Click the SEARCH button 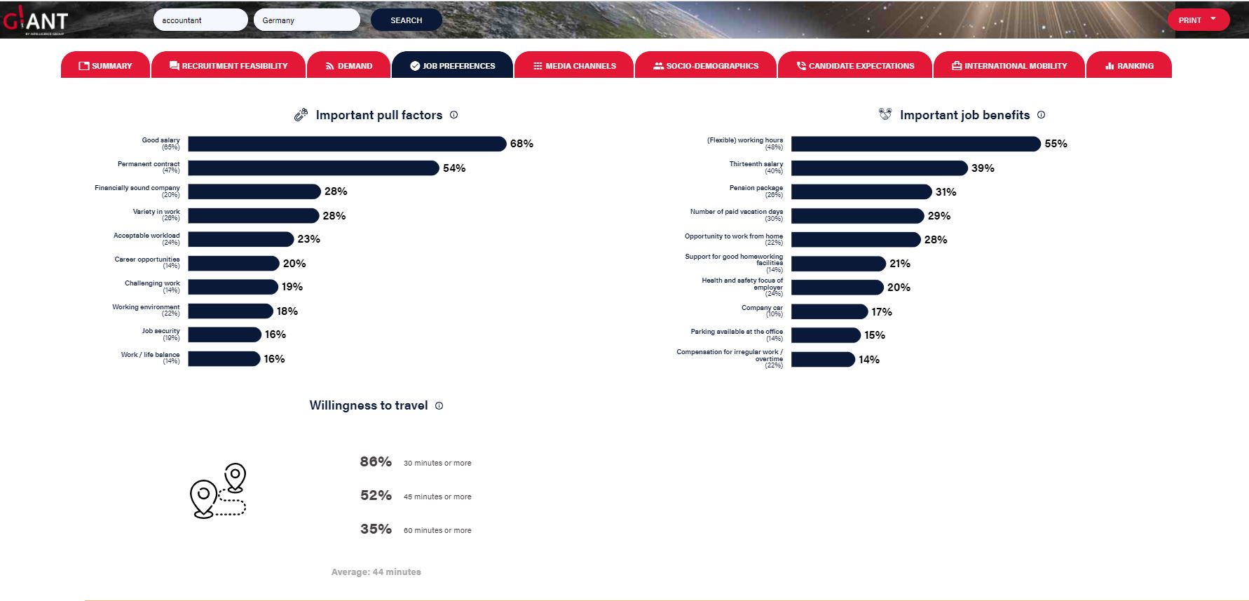pyautogui.click(x=406, y=20)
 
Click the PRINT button pyautogui.click(x=1197, y=20)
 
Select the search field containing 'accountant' pyautogui.click(x=200, y=20)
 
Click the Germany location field pyautogui.click(x=306, y=20)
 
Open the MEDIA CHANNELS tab pyautogui.click(x=574, y=66)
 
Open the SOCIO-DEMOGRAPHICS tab pyautogui.click(x=705, y=66)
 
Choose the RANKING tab pyautogui.click(x=1128, y=66)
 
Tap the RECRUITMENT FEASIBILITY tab pyautogui.click(x=228, y=66)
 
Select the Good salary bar pyautogui.click(x=346, y=144)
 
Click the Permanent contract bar pyautogui.click(x=313, y=168)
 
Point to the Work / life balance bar pyautogui.click(x=224, y=359)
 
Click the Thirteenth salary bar pyautogui.click(x=879, y=168)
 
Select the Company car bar pyautogui.click(x=829, y=311)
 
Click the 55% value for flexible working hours pyautogui.click(x=1056, y=144)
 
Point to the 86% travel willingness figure pyautogui.click(x=376, y=462)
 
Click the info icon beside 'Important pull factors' pyautogui.click(x=454, y=115)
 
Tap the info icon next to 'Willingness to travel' pyautogui.click(x=439, y=405)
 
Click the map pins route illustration pyautogui.click(x=218, y=491)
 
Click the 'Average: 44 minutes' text pyautogui.click(x=376, y=572)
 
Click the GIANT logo pyautogui.click(x=36, y=20)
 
